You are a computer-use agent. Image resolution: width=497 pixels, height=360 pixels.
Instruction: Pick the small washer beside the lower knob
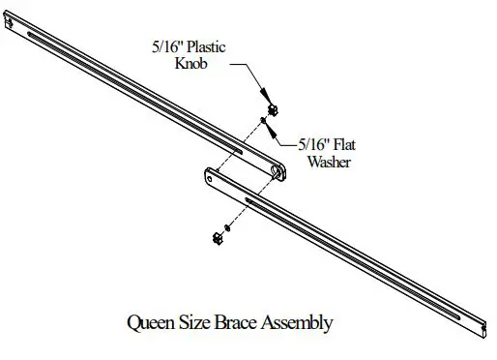pos(224,226)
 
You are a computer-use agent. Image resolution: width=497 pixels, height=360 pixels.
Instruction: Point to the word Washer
pos(329,163)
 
